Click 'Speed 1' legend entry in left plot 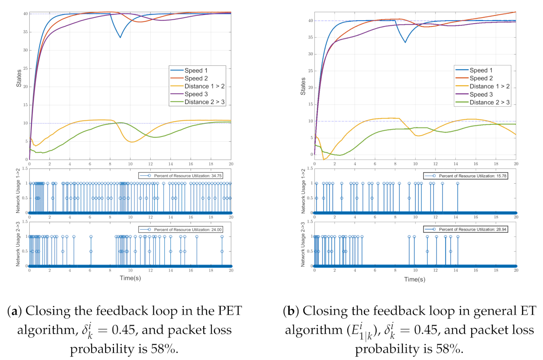(196, 71)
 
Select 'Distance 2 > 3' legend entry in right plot (489, 102)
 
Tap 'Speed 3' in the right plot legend (481, 95)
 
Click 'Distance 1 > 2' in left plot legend (204, 86)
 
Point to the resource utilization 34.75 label (187, 176)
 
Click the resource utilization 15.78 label (473, 176)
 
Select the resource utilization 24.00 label (187, 230)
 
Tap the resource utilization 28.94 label (473, 230)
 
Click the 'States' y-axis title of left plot (19, 78)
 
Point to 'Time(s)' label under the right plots (414, 279)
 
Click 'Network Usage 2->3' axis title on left (18, 244)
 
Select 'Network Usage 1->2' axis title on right (303, 191)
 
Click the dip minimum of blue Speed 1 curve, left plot (120, 37)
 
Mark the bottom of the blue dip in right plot (405, 42)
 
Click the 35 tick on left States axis (26, 32)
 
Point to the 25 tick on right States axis (311, 71)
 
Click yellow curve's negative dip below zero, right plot (324, 159)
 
